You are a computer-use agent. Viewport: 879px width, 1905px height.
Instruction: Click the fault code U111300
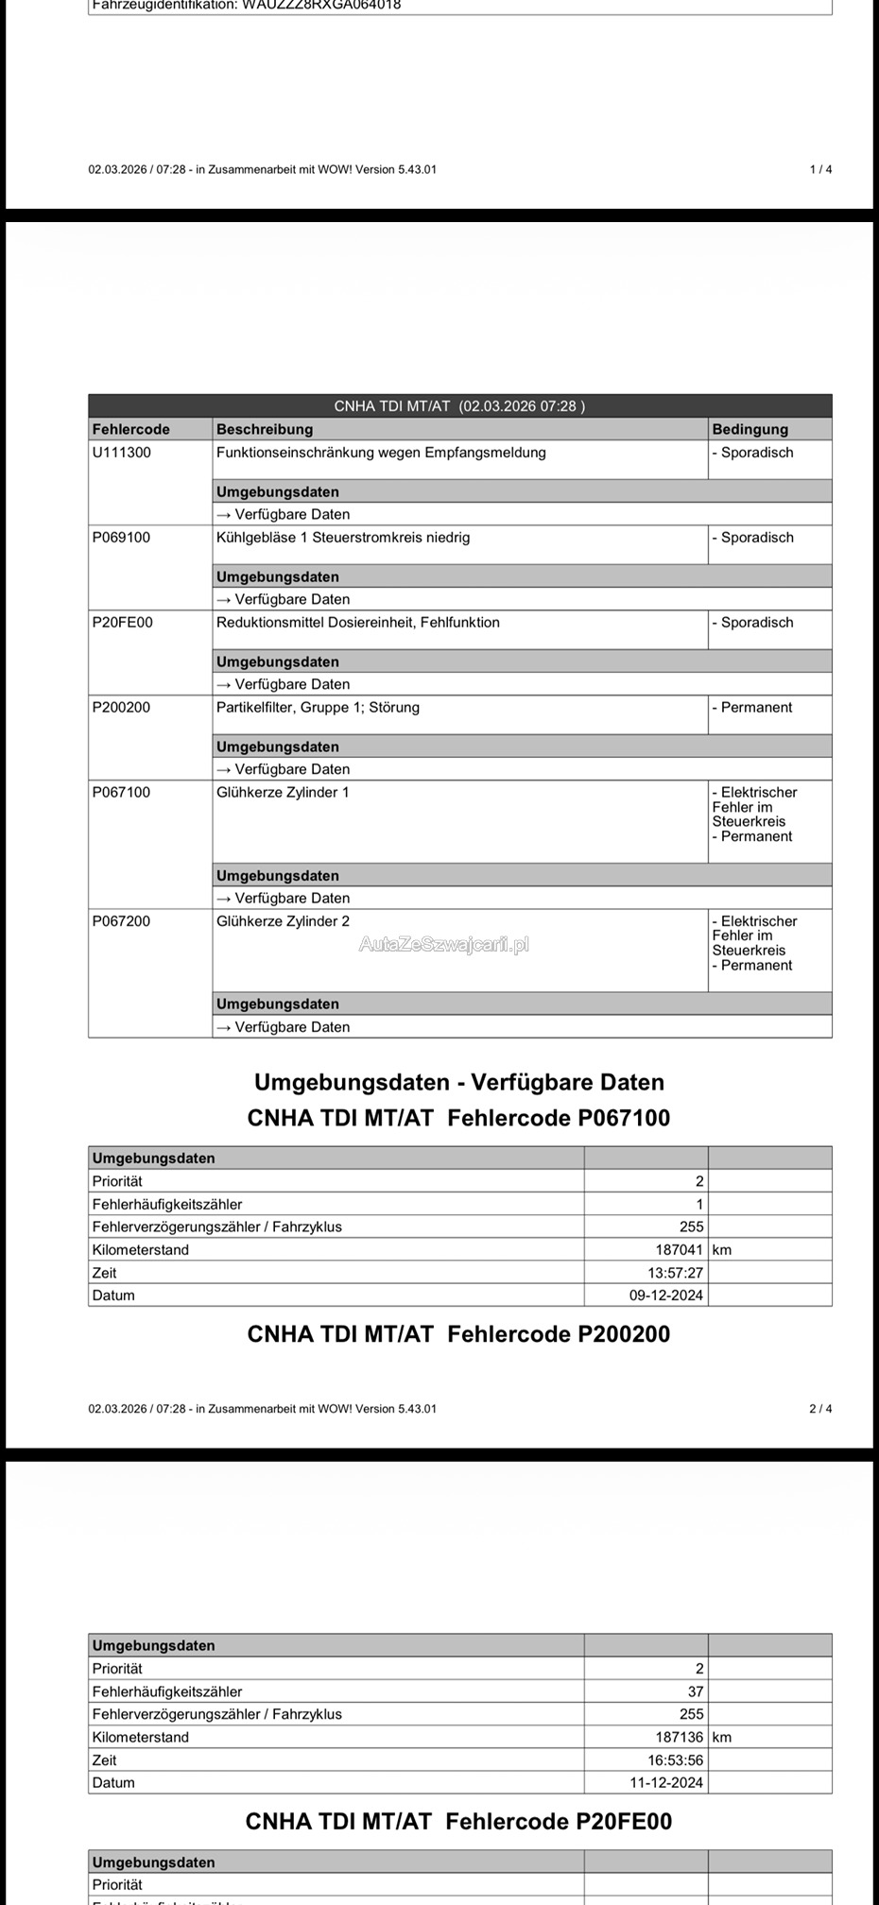pos(121,453)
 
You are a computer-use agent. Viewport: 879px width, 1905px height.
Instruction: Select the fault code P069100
pos(121,538)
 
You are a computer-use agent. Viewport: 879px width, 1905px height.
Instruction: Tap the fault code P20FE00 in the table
pos(122,623)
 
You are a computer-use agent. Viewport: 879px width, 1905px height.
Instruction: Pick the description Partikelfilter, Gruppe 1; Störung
pos(318,708)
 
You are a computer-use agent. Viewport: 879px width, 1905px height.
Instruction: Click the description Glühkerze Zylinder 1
pos(283,793)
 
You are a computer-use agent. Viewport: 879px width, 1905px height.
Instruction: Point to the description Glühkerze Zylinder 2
pos(283,921)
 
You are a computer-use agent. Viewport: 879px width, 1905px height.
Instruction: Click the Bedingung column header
pos(750,429)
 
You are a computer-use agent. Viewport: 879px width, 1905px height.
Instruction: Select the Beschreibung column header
pos(264,429)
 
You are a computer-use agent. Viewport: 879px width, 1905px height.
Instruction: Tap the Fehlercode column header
pos(130,429)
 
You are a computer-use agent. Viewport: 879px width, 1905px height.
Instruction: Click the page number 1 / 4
pos(820,170)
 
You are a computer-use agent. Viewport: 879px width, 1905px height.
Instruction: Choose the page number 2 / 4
pos(820,1409)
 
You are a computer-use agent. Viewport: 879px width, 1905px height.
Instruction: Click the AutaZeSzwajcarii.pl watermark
pos(443,944)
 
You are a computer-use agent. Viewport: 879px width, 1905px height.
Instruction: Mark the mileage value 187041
pos(679,1250)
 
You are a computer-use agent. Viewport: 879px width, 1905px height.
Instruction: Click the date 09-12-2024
pos(666,1296)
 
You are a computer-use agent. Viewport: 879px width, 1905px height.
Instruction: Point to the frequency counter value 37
pos(695,1691)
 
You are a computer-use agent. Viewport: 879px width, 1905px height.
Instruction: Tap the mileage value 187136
pos(679,1737)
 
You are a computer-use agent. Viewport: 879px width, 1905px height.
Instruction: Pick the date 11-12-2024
pos(666,1783)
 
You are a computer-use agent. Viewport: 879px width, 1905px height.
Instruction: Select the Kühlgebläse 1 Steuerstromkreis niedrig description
pos(342,538)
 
